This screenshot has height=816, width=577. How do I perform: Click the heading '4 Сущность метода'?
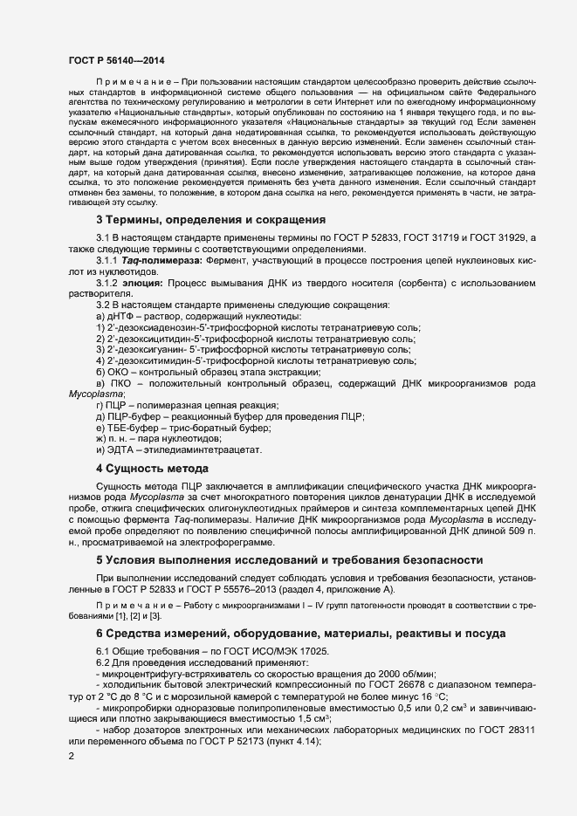151,469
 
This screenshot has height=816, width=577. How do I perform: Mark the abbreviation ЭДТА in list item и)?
122,450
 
